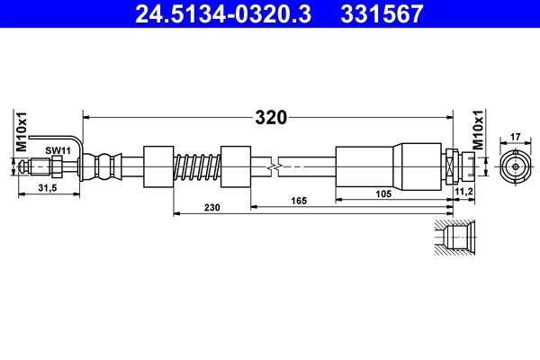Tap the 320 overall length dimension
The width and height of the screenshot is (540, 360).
[x=270, y=117]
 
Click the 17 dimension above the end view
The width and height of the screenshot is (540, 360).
[x=515, y=138]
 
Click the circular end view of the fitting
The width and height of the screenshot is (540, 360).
[x=515, y=166]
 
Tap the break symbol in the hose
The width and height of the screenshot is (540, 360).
[x=274, y=166]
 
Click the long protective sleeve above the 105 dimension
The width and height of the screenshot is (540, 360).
[x=390, y=166]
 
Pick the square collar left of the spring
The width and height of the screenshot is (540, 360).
[x=158, y=166]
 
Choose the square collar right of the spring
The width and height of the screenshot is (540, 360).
[x=236, y=166]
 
